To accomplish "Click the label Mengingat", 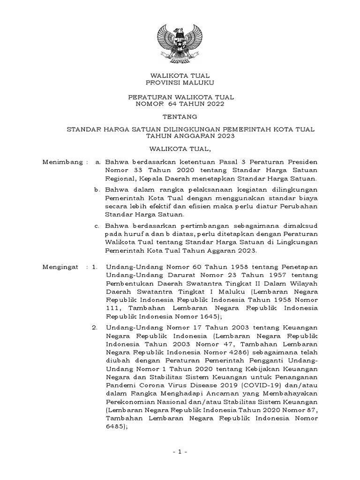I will (59, 267).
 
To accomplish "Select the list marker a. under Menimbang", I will (97, 162).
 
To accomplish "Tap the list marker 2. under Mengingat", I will (95, 328).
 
